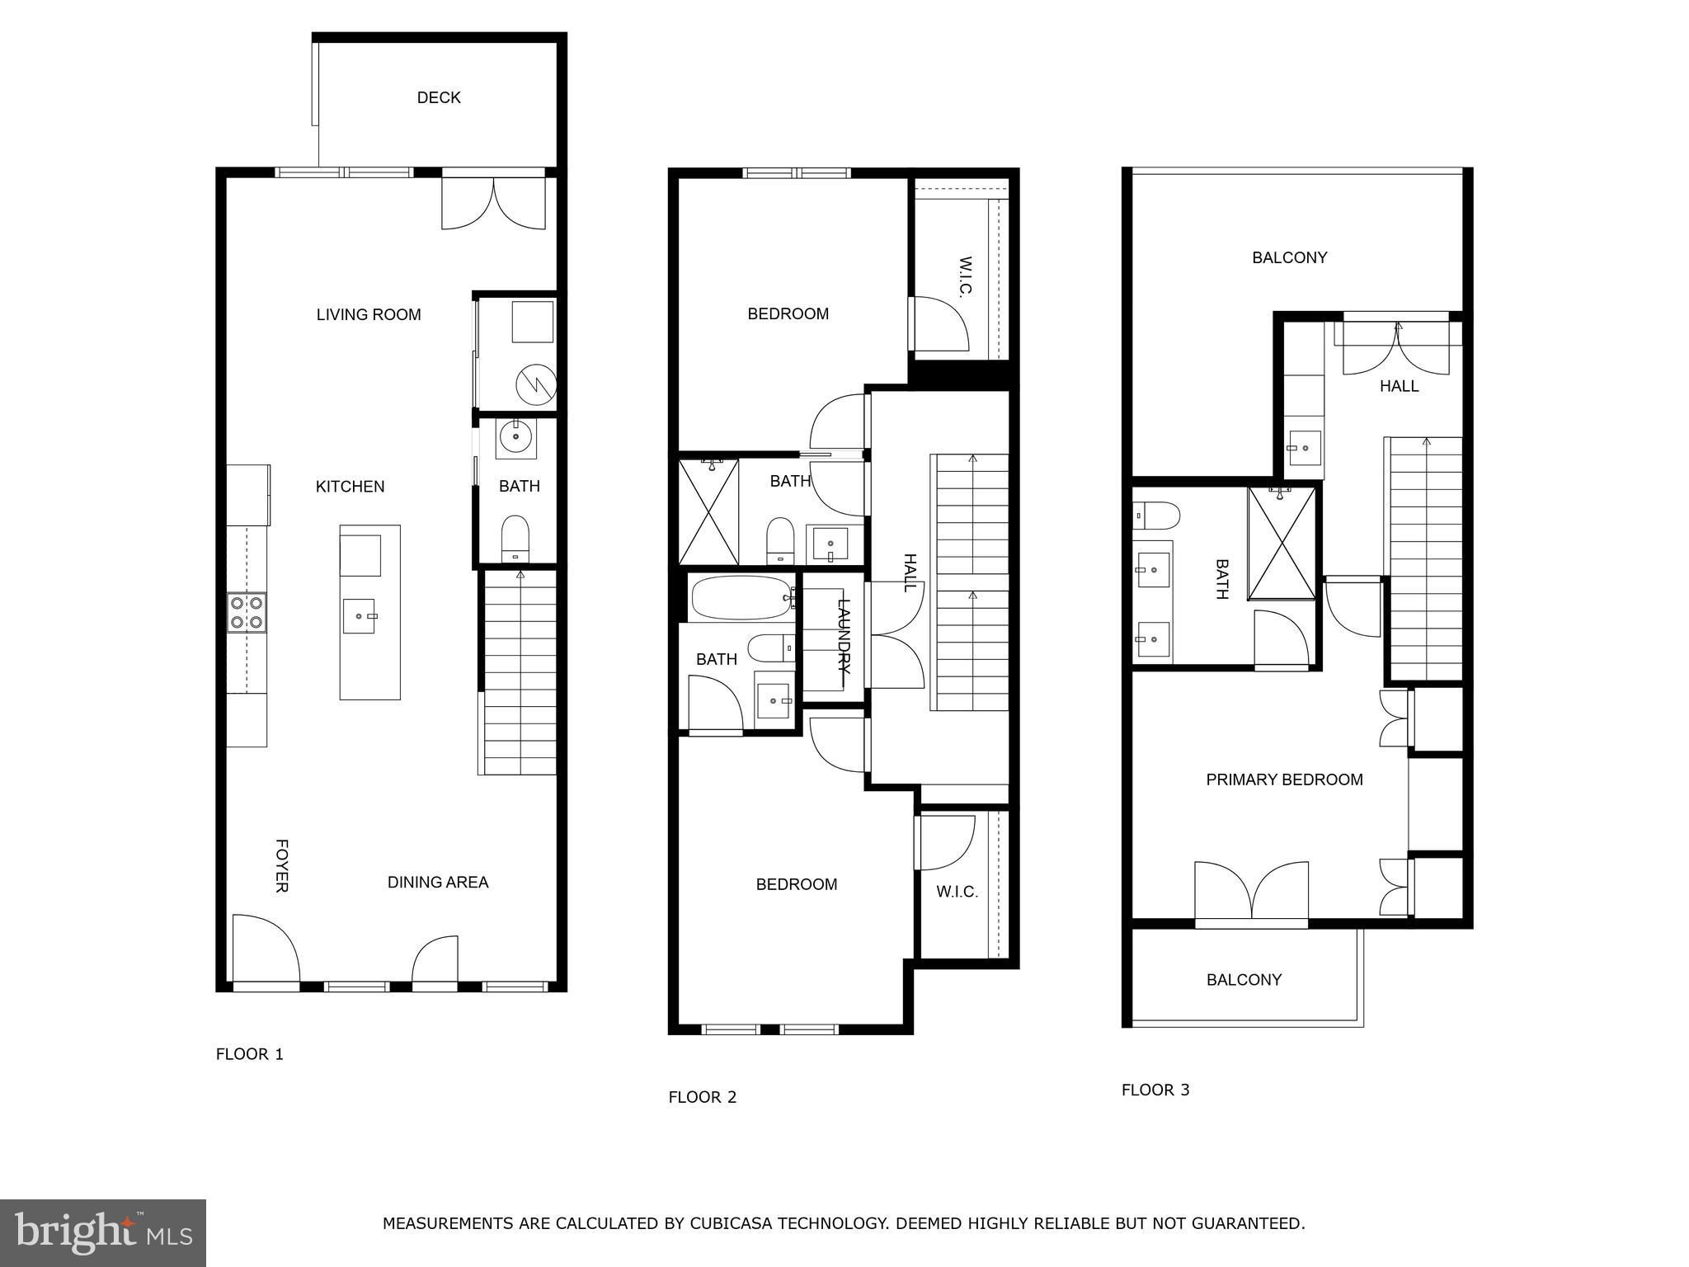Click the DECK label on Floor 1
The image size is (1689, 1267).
(439, 97)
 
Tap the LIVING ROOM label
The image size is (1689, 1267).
(369, 314)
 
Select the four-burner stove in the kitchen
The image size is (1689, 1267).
(247, 613)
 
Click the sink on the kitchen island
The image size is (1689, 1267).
(359, 616)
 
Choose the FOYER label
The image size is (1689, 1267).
(281, 866)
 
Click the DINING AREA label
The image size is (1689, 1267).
(438, 883)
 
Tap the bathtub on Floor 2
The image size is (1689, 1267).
(741, 597)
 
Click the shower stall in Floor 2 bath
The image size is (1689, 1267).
(708, 512)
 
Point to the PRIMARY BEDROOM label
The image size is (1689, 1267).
(1284, 780)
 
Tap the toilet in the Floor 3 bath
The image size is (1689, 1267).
(1155, 516)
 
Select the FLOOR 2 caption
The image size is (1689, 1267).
(702, 1097)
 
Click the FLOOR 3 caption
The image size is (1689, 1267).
(1155, 1090)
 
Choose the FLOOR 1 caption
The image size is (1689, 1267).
(250, 1054)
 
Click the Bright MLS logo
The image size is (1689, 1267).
(103, 1233)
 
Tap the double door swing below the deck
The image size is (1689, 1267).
(493, 203)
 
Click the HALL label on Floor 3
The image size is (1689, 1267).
(1399, 386)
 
